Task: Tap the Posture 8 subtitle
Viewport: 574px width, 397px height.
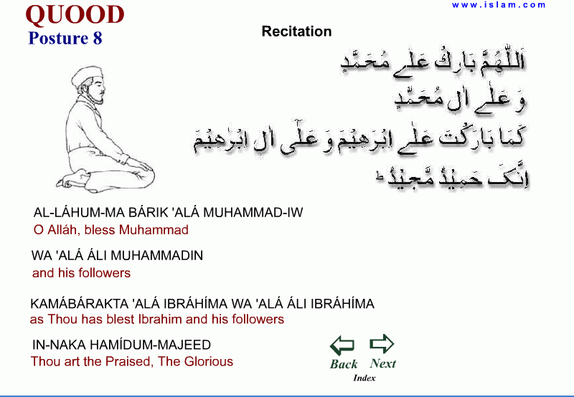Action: coord(65,39)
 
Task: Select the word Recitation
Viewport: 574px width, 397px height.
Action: coord(296,32)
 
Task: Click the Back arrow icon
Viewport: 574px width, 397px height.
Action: coord(343,346)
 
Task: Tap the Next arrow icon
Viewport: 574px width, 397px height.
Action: coord(382,344)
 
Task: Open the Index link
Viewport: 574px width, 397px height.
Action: coord(364,378)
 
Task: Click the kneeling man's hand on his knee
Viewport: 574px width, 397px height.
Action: coord(140,167)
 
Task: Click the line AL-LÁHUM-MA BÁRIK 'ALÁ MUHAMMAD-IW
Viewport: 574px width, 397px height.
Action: coord(169,213)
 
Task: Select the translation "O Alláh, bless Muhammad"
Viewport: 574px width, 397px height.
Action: coord(110,230)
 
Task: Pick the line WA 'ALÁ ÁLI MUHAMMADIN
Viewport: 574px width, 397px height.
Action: coord(118,256)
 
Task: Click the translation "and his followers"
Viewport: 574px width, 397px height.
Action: coord(81,273)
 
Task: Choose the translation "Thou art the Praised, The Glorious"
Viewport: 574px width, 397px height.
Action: coord(132,362)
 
